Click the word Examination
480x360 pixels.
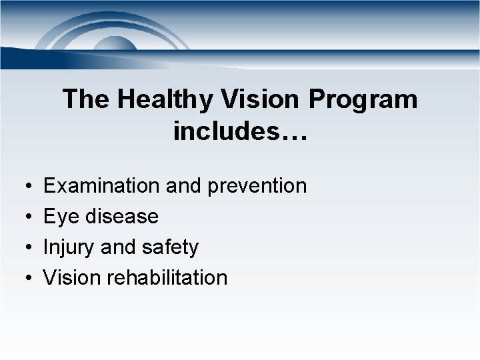tap(101, 186)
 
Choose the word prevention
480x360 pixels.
tap(257, 186)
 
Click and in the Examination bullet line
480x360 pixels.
tap(184, 186)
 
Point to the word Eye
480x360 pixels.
tap(59, 217)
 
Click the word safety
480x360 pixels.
tap(171, 247)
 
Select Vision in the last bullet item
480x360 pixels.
tap(70, 278)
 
